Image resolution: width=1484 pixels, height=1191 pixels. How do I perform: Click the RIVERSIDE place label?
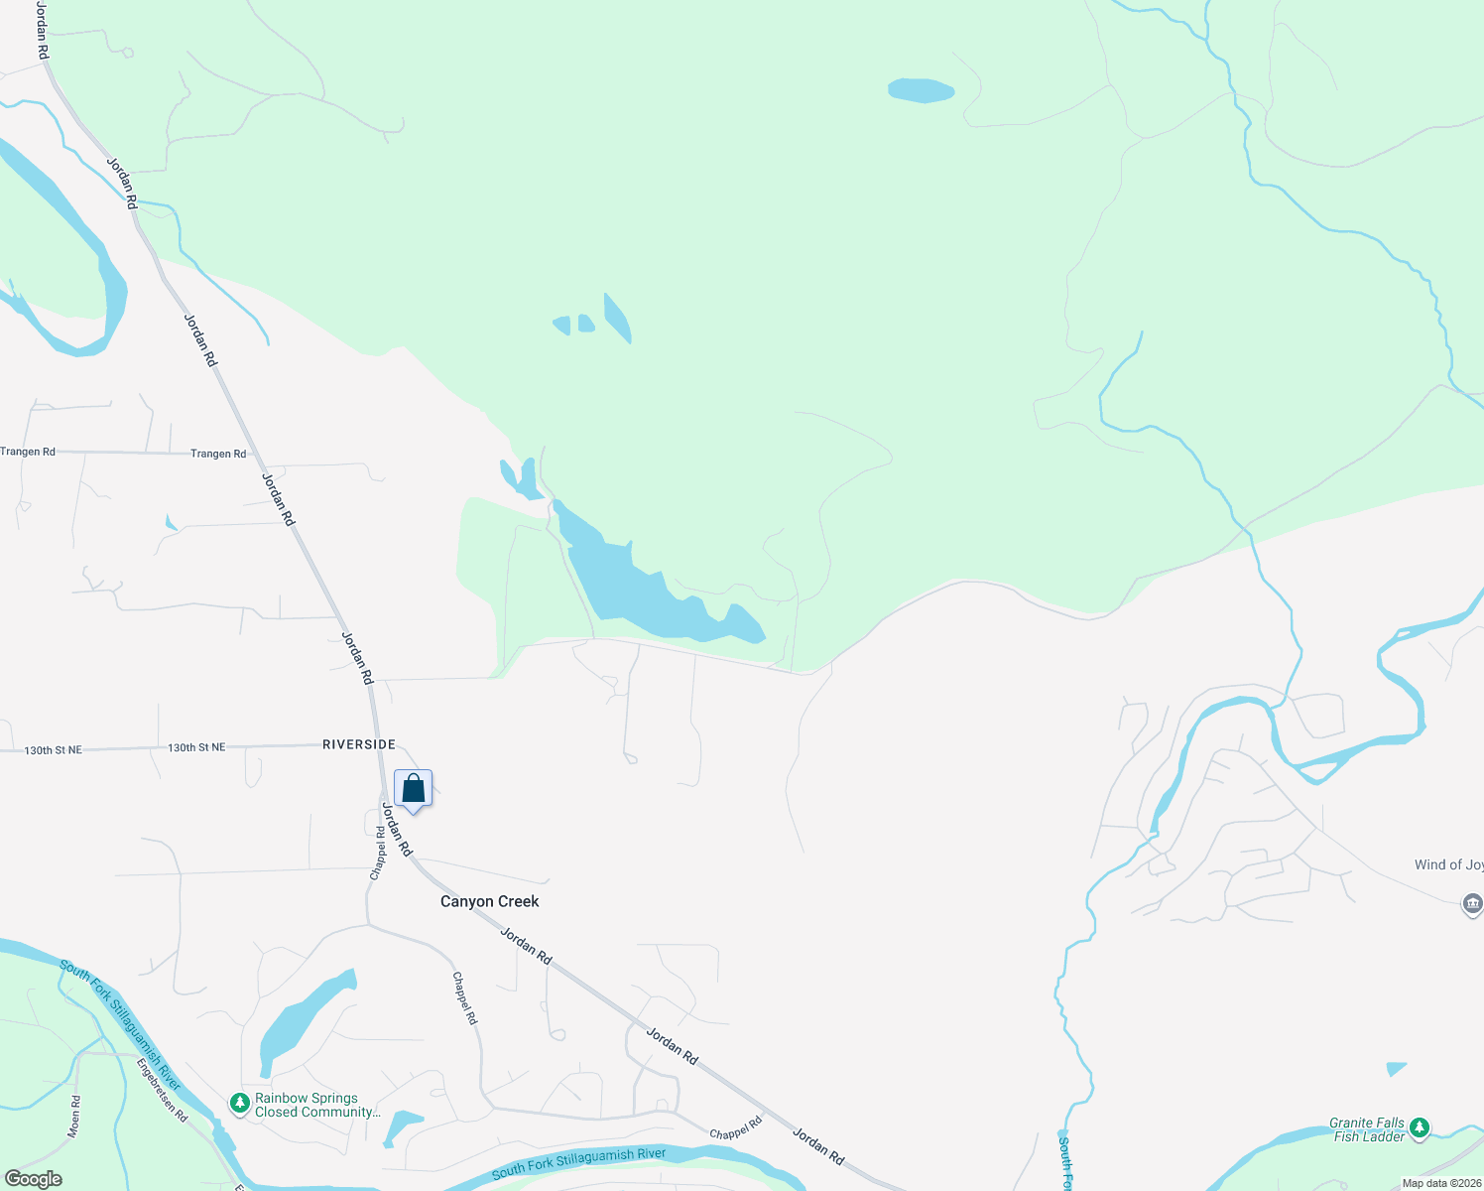359,744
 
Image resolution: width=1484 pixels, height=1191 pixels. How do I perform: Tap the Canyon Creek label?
490,901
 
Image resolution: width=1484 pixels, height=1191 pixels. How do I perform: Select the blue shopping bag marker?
413,790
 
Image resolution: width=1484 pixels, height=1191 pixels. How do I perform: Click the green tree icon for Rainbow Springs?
239,1103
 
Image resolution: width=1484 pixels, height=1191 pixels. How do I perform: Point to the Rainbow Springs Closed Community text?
317,1105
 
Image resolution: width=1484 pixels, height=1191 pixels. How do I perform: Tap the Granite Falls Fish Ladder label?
1368,1129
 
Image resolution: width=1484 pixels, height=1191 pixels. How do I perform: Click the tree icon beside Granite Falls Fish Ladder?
1420,1126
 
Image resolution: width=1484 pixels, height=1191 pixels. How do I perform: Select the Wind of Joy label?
1448,864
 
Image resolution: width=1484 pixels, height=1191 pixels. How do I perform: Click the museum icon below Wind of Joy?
1472,903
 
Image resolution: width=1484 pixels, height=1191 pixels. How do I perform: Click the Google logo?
34,1179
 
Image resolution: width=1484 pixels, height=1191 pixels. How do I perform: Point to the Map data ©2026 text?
1441,1183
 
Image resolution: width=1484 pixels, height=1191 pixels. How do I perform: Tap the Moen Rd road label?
74,1117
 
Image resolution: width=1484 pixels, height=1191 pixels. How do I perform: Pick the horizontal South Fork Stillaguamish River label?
578,1163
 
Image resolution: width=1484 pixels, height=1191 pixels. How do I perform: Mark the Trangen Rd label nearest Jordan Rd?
218,454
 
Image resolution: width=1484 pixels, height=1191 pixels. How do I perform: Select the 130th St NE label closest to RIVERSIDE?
196,747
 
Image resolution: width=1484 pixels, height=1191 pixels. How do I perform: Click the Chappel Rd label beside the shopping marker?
378,853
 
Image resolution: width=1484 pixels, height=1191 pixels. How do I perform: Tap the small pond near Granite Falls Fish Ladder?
1397,1069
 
